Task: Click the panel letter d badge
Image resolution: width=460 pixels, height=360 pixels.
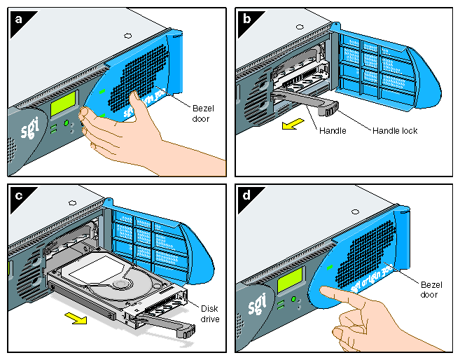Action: pos(247,196)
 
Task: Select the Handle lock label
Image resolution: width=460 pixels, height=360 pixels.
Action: pos(394,130)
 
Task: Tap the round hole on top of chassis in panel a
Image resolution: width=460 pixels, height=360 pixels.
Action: pos(125,34)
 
